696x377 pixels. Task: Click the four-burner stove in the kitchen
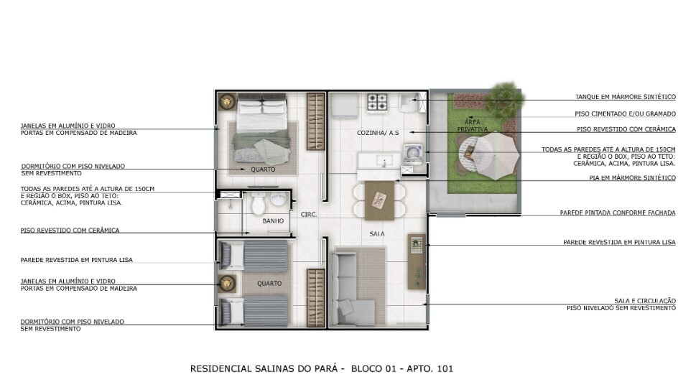pos(378,103)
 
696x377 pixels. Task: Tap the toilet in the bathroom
pos(259,204)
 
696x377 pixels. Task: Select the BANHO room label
pos(273,221)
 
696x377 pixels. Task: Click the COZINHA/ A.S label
pos(378,133)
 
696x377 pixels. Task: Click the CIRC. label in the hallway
pos(310,214)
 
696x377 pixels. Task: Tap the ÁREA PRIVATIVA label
pos(472,125)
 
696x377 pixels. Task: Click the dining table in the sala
pos(379,200)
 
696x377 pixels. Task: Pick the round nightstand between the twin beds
pos(228,283)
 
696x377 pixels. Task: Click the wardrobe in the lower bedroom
pos(315,297)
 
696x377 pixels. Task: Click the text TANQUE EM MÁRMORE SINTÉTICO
pos(625,97)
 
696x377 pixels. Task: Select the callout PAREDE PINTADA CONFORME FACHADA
pos(617,213)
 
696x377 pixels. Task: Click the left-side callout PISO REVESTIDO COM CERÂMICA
pos(70,231)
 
